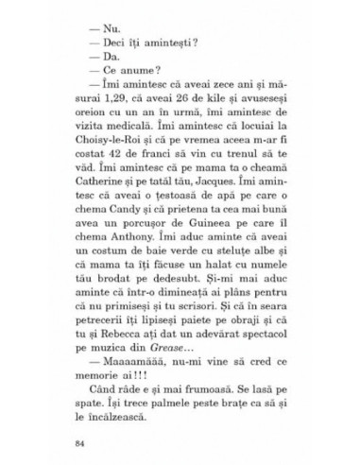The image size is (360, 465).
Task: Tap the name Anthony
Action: [119, 250]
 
